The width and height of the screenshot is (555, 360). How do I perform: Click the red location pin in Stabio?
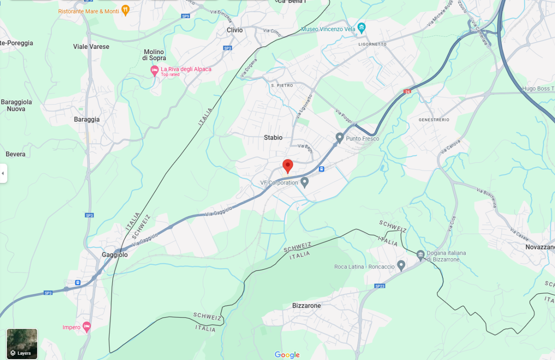coord(287,165)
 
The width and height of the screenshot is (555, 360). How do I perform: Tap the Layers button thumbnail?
coord(22,344)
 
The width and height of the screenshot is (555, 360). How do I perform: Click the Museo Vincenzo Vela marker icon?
coord(362,29)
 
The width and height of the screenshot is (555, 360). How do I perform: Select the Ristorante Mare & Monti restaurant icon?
coord(125,10)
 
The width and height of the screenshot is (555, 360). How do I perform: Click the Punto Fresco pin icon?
coord(340,138)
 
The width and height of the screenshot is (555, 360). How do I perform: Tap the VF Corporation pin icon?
coord(305,182)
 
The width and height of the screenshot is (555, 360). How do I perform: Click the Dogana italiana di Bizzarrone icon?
coord(420,255)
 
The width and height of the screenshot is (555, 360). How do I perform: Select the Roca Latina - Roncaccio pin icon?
coord(401,265)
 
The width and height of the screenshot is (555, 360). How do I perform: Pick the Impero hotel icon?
coord(87,326)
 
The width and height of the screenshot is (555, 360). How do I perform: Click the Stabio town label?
coord(273,138)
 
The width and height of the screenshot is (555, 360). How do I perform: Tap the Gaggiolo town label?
coord(114,255)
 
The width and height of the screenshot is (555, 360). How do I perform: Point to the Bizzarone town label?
coord(307,305)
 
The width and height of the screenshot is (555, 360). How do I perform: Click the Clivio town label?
coord(235,30)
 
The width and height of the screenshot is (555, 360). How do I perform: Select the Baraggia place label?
coord(87,119)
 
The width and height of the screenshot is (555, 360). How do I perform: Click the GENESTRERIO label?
coord(434,120)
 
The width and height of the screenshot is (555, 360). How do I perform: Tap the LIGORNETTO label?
coord(372,44)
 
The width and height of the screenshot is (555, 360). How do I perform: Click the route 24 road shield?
coord(407,91)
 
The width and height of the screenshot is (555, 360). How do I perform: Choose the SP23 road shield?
coord(379,286)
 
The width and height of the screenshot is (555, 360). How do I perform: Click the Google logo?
coord(287,355)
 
